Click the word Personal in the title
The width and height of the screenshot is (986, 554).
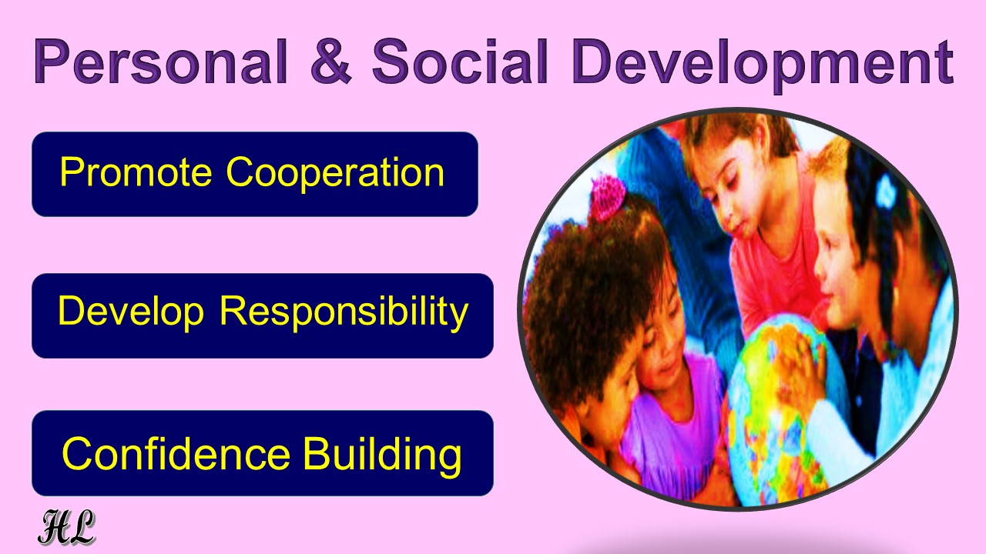point(161,61)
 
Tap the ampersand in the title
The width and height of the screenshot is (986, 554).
point(331,61)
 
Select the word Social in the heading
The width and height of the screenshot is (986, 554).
point(461,61)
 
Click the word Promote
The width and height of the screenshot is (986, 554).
point(136,172)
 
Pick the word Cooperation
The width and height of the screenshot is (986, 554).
point(335,174)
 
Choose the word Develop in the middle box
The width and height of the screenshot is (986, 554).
point(131,312)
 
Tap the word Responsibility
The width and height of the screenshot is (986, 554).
point(344,312)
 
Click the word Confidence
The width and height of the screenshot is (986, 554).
point(176,454)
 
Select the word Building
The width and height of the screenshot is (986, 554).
point(383,456)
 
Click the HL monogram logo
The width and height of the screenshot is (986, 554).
point(66,527)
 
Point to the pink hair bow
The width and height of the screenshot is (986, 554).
point(609,198)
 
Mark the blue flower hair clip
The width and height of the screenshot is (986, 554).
point(886,192)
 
